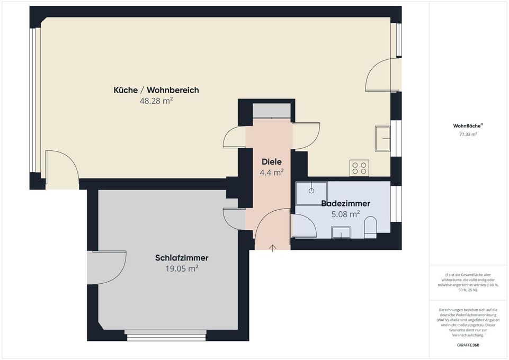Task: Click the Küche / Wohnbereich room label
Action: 156,90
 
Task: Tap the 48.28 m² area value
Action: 156,101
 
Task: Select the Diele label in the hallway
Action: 272,162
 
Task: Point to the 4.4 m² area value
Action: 272,172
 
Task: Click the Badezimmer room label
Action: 345,203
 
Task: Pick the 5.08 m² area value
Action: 345,214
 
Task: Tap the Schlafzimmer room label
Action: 182,258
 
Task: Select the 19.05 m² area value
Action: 182,268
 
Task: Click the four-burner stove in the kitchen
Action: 359,168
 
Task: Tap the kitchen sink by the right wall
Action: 382,138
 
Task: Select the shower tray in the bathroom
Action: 311,193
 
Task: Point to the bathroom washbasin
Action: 341,232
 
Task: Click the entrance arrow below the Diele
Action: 273,247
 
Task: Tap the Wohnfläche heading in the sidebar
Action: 468,126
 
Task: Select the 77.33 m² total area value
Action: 468,134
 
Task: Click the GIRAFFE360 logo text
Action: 468,345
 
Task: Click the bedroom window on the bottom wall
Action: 165,332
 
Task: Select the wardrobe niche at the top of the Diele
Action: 272,111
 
